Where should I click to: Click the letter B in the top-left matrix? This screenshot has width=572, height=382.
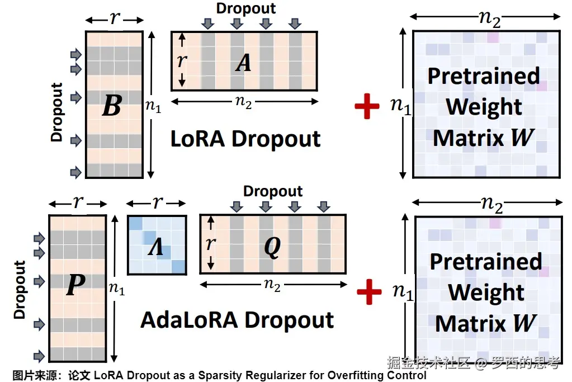point(112,105)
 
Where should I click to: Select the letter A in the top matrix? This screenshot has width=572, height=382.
point(243,63)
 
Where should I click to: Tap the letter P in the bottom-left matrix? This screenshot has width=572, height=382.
point(75,285)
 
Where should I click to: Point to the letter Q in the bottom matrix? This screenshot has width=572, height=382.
point(272,246)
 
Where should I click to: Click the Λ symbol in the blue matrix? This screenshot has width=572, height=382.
point(155,246)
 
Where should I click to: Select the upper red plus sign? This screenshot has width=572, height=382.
point(367,106)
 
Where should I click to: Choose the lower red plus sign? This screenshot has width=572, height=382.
point(369,291)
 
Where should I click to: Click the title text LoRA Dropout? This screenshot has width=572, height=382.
point(245,139)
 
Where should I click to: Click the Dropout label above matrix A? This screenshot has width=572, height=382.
point(246,8)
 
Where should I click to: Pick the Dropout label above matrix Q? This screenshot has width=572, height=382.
point(273,191)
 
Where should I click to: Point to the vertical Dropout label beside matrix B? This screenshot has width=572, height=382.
point(57,112)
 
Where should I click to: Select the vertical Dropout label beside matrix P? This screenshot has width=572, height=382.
point(20,290)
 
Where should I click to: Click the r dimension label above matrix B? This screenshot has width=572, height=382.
point(115,18)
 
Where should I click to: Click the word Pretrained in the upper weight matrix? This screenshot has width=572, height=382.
point(484,76)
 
